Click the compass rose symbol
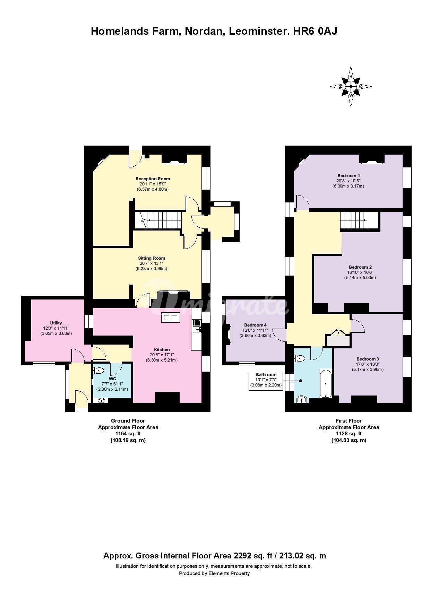click(351, 86)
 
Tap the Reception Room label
click(153, 179)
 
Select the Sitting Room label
click(152, 258)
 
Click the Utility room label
click(56, 323)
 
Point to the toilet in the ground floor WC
click(98, 371)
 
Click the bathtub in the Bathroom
click(326, 384)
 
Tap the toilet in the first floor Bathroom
click(299, 358)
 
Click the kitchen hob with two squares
click(170, 318)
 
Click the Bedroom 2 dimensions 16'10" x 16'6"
click(360, 272)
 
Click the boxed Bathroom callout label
click(266, 381)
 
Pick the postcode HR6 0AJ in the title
click(315, 31)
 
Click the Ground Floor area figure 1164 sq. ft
click(128, 434)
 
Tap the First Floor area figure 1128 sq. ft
click(349, 434)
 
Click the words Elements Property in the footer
click(229, 573)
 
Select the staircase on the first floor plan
click(359, 220)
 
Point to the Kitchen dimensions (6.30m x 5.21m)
click(162, 360)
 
